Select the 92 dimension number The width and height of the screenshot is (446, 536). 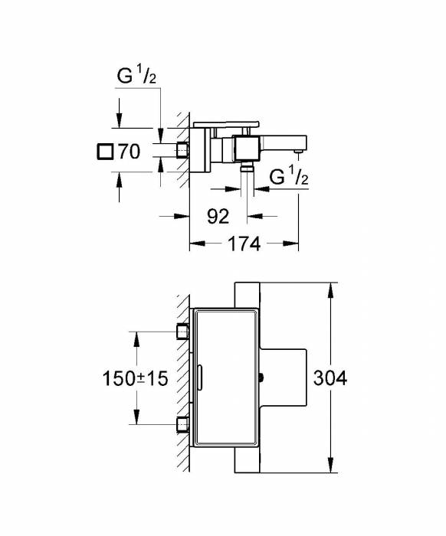(218, 217)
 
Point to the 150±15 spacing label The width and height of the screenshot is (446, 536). (135, 379)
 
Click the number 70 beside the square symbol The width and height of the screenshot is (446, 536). (130, 152)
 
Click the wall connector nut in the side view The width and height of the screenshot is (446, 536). (183, 150)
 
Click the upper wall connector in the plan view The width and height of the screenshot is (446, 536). (183, 331)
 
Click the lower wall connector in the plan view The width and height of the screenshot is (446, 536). (183, 424)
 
